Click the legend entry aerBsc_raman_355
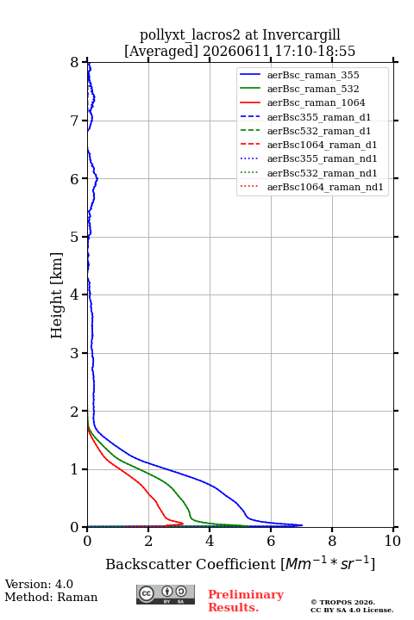tap(313, 75)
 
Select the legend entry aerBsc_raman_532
tap(313, 89)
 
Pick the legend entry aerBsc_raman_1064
tap(317, 102)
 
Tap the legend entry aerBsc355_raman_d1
tap(319, 117)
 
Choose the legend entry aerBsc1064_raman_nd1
tap(325, 187)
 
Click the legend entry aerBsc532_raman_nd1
tap(322, 173)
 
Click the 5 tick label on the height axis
tap(75, 237)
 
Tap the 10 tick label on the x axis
tap(392, 541)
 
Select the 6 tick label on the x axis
tap(271, 541)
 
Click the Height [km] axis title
tap(56, 295)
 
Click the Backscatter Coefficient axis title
tap(240, 563)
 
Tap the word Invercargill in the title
tap(301, 34)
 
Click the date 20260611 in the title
tap(236, 51)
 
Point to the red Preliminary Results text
tap(246, 601)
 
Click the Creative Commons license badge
tap(166, 594)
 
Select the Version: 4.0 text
tap(39, 584)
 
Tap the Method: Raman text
tap(51, 597)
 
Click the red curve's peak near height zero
tap(183, 524)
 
